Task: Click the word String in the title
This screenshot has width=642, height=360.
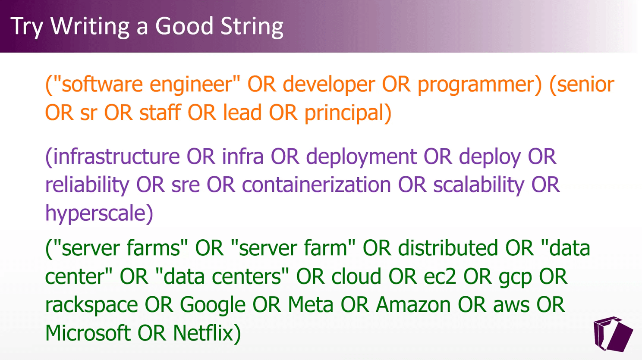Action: [x=252, y=27]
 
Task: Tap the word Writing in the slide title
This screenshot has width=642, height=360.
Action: [x=90, y=27]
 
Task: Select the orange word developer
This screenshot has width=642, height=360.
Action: [x=329, y=85]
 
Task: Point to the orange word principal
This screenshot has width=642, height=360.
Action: [x=344, y=113]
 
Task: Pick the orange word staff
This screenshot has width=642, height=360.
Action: [x=160, y=112]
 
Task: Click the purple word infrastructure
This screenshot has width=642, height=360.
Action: [x=116, y=157]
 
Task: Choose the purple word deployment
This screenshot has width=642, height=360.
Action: [x=362, y=157]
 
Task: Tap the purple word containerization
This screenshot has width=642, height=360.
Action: [x=316, y=185]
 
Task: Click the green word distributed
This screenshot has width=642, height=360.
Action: [x=448, y=248]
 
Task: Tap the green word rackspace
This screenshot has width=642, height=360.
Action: [x=91, y=305]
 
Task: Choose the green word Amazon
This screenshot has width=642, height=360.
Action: [x=413, y=304]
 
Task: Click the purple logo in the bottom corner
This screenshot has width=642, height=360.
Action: [x=613, y=334]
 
